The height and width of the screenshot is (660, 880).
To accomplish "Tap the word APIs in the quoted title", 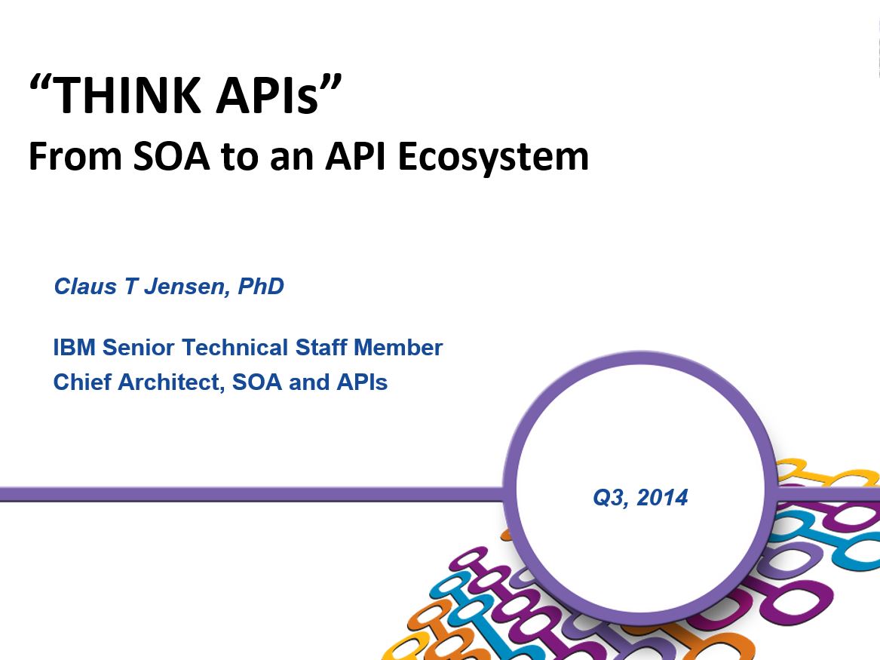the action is point(268,95).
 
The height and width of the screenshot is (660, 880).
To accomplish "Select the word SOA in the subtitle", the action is point(171,156).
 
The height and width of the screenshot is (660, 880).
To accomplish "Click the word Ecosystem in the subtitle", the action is point(493,157).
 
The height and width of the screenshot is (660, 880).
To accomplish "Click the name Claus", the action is point(85,286).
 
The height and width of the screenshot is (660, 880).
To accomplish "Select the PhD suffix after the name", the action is point(261,286).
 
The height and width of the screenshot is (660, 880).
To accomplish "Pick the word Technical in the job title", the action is point(236,348).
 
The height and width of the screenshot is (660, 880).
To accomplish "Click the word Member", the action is point(398,348).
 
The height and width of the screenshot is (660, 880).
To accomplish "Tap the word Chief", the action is point(82,382).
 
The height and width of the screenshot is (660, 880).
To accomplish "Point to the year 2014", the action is point(662,497).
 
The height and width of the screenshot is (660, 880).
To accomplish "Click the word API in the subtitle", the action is point(355,156).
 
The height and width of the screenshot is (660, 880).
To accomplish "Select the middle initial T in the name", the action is point(130,286).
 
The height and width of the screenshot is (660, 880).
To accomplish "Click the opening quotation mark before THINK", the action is point(40,84).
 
